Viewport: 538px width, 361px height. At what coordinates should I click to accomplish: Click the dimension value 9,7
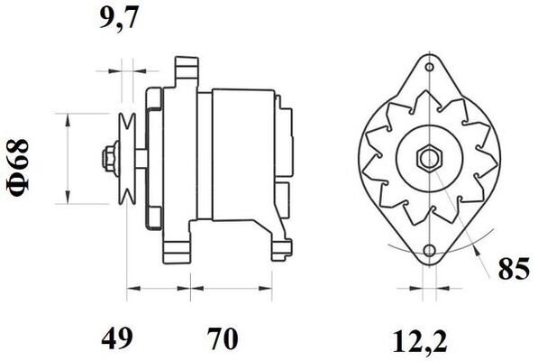(x=119, y=19)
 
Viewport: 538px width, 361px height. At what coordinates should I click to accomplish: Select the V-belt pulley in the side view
(x=128, y=157)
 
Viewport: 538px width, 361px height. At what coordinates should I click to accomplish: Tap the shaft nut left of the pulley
(x=110, y=157)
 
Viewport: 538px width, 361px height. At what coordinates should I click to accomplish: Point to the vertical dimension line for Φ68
(x=68, y=158)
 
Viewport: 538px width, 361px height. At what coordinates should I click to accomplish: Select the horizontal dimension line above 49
(x=158, y=291)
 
